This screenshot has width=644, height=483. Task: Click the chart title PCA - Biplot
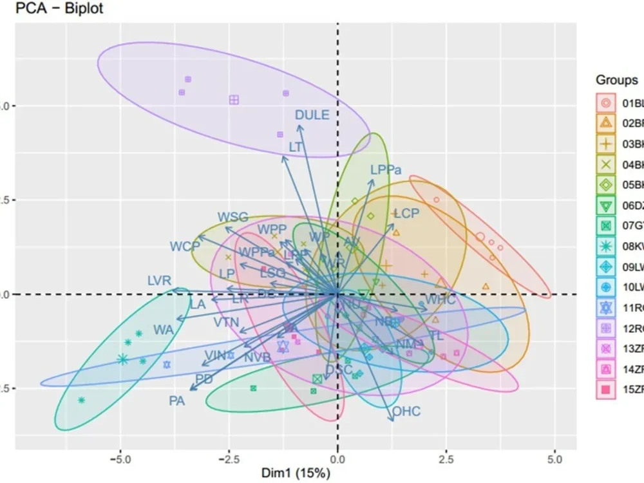click(53, 9)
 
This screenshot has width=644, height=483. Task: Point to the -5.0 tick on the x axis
click(120, 460)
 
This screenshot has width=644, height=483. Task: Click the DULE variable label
click(312, 115)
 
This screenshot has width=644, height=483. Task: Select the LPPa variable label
click(386, 170)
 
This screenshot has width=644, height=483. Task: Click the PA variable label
click(177, 401)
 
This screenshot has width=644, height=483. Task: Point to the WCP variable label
click(185, 246)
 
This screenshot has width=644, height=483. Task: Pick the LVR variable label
click(159, 281)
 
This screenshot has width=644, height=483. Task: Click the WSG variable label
click(232, 217)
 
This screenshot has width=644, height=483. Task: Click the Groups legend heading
click(616, 80)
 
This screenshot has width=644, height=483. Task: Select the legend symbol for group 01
click(606, 103)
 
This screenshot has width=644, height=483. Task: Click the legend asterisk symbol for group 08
click(606, 246)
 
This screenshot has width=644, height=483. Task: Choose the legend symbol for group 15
click(606, 389)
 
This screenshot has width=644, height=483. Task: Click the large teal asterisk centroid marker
click(122, 359)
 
